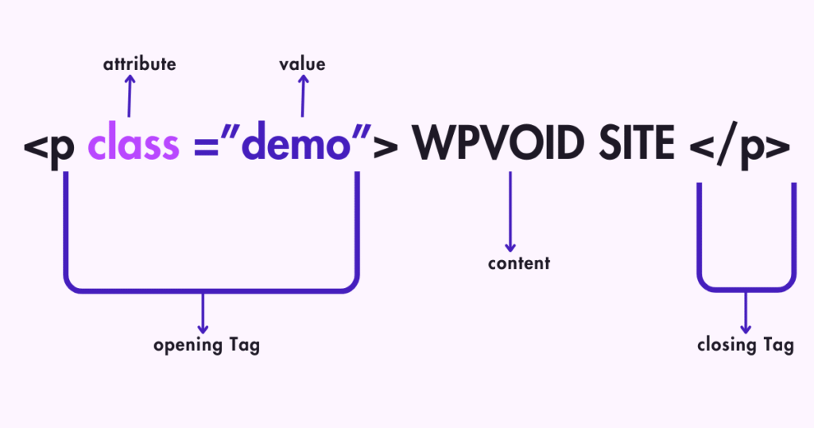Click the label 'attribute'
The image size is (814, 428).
[x=139, y=64]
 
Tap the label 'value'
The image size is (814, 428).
[x=302, y=64]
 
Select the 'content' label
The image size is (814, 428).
[x=518, y=263]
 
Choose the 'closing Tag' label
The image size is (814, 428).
[x=745, y=344]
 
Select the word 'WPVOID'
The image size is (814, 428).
[x=498, y=146]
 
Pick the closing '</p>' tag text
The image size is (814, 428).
[x=739, y=148]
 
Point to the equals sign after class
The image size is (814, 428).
[x=203, y=148]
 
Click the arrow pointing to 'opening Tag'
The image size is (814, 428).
[x=203, y=313]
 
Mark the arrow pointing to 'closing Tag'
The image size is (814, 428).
[x=746, y=313]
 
